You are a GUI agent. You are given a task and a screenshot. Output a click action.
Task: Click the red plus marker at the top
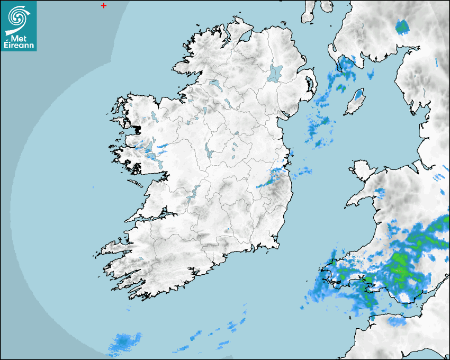pos(103,5)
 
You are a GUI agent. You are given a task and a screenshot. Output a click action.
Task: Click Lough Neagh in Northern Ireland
pos(275,73)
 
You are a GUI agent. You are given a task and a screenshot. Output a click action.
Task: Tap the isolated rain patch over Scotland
pos(402,26)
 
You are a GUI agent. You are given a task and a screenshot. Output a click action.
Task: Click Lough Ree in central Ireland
pos(208,150)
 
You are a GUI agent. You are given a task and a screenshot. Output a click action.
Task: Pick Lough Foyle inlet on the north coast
pos(244,38)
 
